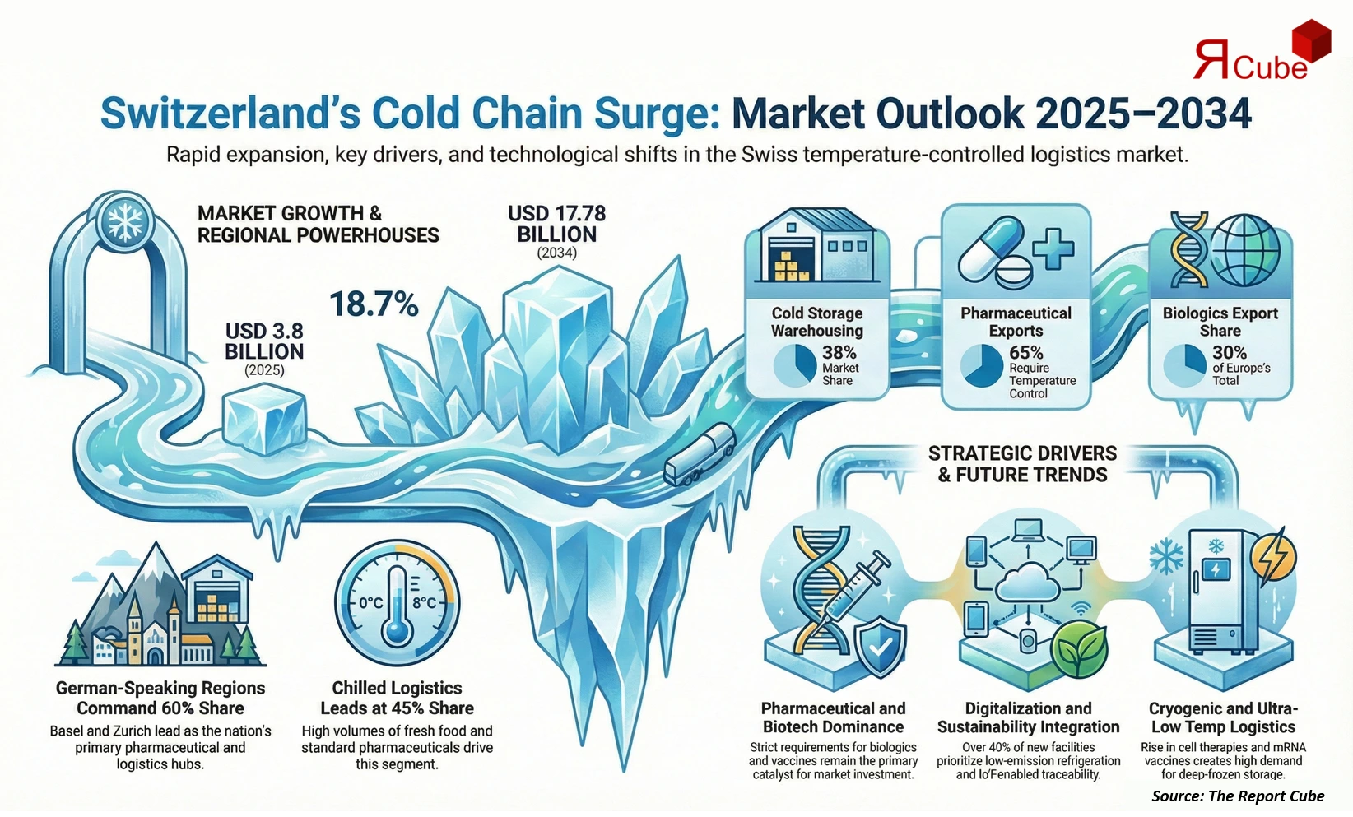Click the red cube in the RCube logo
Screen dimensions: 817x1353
click(x=1311, y=41)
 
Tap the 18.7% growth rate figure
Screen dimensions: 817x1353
click(x=374, y=304)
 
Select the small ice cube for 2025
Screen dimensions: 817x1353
click(x=264, y=422)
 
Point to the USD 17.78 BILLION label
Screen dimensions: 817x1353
click(x=556, y=224)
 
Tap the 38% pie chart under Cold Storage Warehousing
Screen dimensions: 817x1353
click(x=794, y=366)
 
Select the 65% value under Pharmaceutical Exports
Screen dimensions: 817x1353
click(x=1026, y=352)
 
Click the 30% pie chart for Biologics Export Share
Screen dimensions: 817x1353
click(x=1184, y=366)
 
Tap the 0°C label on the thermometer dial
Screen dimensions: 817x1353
click(x=371, y=602)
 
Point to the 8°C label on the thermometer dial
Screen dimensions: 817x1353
click(x=424, y=602)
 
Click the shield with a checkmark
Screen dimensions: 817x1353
click(x=880, y=648)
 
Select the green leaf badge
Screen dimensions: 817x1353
click(x=1081, y=649)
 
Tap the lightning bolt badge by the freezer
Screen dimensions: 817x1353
click(x=1272, y=559)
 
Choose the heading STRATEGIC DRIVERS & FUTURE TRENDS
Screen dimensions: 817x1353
click(x=1022, y=464)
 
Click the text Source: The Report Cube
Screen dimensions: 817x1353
click(x=1238, y=796)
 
